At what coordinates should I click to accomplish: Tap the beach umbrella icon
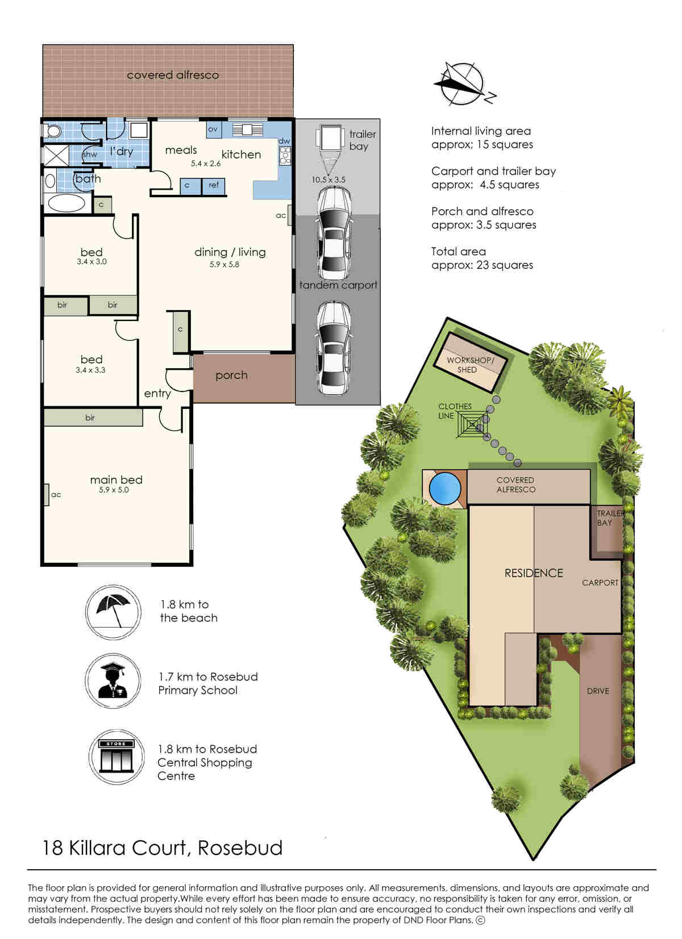pos(113,612)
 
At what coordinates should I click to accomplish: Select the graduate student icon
pos(113,681)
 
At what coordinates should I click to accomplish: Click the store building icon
pos(116,756)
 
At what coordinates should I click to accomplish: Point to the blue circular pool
pos(445,489)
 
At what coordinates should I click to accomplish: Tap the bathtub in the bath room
pos(66,204)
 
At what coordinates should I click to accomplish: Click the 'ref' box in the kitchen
pos(214,186)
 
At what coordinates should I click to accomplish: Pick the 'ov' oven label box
pos(214,130)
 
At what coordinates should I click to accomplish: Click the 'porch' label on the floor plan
pos(231,375)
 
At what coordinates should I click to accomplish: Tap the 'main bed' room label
pos(116,479)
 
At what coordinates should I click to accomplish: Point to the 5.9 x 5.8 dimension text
pos(224,265)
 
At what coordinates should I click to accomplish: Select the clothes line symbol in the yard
pos(473,424)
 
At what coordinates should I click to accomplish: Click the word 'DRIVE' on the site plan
pos(598,691)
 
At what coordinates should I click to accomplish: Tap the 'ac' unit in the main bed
pos(47,495)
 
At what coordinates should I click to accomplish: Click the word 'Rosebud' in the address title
pos(240,848)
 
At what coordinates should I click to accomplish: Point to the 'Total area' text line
pos(459,252)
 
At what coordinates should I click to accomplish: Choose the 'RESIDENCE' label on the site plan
pos(534,573)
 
